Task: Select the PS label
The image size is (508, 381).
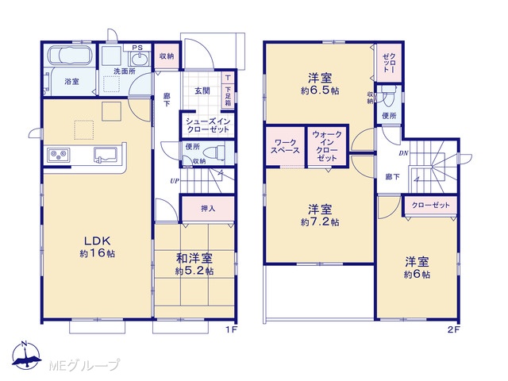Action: click(137, 48)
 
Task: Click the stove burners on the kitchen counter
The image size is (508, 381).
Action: click(59, 155)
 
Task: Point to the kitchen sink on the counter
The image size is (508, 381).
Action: click(106, 155)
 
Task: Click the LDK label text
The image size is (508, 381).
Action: click(98, 241)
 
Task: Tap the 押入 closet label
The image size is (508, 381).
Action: click(208, 209)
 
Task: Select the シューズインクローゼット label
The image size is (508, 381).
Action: click(207, 125)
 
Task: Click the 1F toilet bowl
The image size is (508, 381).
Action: click(216, 152)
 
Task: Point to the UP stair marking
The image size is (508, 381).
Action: click(175, 181)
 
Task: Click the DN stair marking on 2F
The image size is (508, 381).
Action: click(403, 153)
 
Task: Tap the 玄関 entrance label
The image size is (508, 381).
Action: click(202, 90)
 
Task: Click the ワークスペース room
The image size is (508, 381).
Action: click(285, 146)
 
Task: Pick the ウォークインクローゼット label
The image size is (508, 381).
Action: click(327, 146)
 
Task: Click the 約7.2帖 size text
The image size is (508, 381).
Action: click(320, 222)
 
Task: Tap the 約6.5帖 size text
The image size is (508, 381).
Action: click(320, 90)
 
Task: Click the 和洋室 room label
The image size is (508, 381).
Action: click(194, 258)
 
